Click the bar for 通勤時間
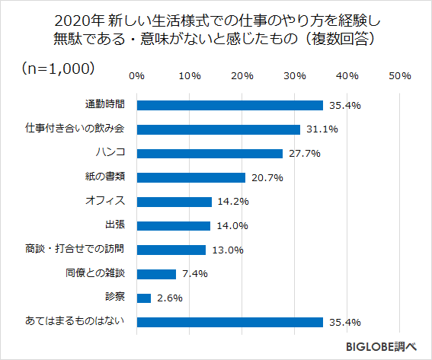[x=229, y=105]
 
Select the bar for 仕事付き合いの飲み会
[x=218, y=129]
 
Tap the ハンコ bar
[x=210, y=153]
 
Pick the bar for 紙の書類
[x=190, y=177]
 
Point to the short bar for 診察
[x=143, y=298]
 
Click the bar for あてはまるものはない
[x=229, y=322]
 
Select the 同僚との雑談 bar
[x=156, y=274]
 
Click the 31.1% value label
[x=321, y=129]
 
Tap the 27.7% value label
[x=303, y=154]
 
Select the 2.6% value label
[x=170, y=298]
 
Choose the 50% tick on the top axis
[x=400, y=76]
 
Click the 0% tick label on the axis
[x=136, y=76]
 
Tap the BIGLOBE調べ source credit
[x=382, y=346]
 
